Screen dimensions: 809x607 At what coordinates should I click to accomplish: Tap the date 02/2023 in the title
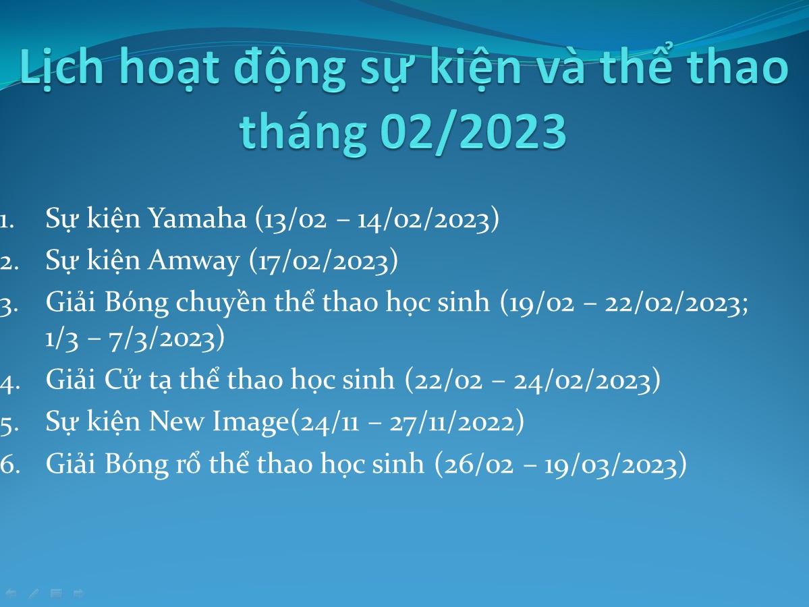(473, 132)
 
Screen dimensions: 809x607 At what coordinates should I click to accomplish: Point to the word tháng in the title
(304, 133)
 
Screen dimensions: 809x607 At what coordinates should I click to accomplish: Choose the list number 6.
(10, 464)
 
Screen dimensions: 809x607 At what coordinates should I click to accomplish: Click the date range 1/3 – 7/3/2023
(130, 339)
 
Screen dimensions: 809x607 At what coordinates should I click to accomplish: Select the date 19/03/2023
(611, 465)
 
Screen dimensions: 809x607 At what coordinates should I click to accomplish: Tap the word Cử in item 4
(122, 380)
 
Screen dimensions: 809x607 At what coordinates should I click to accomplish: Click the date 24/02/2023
(582, 381)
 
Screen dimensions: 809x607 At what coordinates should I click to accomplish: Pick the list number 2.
(9, 262)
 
